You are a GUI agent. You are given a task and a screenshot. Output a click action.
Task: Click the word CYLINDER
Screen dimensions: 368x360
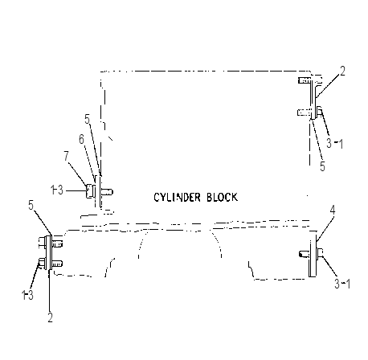point(177,198)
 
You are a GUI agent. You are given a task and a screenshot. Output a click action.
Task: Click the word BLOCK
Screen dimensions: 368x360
point(222,197)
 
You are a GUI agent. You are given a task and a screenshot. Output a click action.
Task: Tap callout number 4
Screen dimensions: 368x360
point(332,211)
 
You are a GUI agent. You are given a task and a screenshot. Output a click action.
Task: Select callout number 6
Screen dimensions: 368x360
point(81,139)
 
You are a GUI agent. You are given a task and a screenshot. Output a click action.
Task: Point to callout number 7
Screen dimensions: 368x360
point(67,156)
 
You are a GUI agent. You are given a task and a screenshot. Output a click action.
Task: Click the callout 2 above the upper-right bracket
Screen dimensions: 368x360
point(342,71)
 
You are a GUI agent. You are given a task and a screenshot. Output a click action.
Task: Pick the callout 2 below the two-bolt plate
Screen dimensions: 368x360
point(50,317)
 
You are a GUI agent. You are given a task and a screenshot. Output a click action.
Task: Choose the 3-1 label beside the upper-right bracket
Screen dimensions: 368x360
point(334,144)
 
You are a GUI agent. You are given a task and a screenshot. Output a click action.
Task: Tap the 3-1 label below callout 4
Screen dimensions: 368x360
point(342,284)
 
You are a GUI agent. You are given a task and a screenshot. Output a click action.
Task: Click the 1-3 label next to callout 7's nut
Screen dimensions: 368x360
point(57,190)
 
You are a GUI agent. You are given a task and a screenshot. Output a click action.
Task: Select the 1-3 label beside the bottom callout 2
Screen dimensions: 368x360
point(27,295)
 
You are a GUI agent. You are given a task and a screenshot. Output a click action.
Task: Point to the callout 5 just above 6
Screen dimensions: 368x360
point(88,119)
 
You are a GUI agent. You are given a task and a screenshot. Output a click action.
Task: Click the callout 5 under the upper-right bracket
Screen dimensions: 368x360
point(322,166)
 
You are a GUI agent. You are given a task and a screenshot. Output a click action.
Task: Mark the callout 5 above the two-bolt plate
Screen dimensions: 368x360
point(31,206)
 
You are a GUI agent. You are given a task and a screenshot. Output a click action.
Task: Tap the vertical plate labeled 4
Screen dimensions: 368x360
point(313,256)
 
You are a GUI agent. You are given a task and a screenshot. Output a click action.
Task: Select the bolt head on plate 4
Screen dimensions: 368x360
point(320,252)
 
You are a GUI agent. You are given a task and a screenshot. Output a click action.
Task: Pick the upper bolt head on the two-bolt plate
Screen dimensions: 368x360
point(42,242)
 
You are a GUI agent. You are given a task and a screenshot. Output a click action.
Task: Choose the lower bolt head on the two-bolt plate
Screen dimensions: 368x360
point(43,263)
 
